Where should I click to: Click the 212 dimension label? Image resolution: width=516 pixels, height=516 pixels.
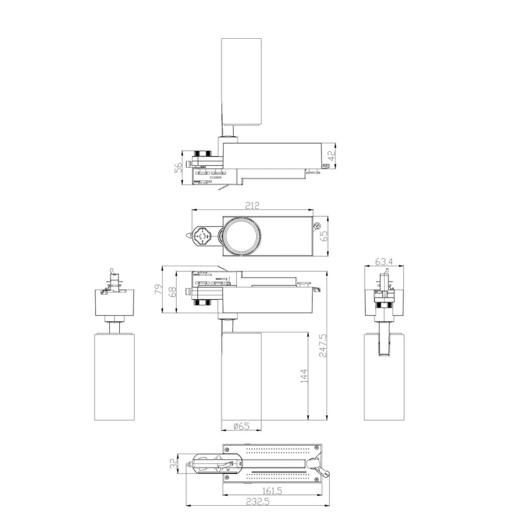(x=252, y=205)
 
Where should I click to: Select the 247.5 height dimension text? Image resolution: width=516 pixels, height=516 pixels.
(x=322, y=346)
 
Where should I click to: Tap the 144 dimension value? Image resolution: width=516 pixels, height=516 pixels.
(x=303, y=376)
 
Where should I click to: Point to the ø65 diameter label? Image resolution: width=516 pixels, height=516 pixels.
(x=241, y=426)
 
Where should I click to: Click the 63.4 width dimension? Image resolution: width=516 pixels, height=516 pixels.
(x=384, y=262)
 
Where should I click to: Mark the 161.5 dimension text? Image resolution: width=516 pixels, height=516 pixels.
(x=272, y=491)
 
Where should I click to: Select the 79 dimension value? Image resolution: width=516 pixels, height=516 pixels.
(x=158, y=289)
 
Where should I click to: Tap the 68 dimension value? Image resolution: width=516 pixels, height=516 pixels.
(x=172, y=292)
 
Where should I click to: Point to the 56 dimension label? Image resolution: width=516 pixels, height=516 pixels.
(x=178, y=168)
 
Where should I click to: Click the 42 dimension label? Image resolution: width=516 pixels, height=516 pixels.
(x=333, y=155)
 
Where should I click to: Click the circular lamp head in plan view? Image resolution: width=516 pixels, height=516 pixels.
(x=241, y=236)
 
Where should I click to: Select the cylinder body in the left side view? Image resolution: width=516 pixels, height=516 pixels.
(x=114, y=377)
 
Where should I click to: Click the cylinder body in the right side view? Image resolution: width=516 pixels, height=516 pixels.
(x=384, y=377)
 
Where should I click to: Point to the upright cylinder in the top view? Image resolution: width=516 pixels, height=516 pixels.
(x=241, y=82)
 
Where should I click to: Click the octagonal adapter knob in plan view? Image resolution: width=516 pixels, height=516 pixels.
(x=201, y=236)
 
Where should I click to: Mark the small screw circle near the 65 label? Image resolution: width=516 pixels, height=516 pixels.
(x=317, y=225)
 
